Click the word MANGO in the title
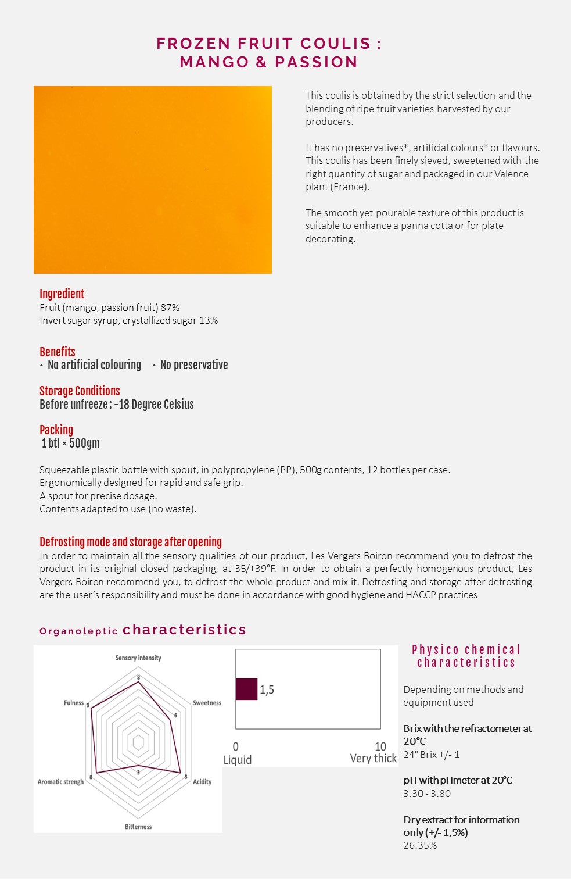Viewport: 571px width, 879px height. coord(214,62)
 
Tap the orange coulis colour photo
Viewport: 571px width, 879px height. coord(153,180)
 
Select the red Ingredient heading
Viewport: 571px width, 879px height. coord(62,294)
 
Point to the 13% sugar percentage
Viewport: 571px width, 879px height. coord(209,320)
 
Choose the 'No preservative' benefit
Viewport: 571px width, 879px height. coord(194,365)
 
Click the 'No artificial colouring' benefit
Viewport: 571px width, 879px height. coord(94,365)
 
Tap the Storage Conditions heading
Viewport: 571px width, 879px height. coord(80,391)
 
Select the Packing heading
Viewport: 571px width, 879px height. coord(56,430)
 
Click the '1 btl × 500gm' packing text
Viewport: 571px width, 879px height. coord(70,443)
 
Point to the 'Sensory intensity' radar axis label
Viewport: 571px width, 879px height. coord(138,658)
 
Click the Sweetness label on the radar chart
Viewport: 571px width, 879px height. coord(207,703)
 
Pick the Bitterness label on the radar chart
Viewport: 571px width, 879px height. coord(138,827)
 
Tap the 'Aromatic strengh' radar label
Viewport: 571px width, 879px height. coord(60,782)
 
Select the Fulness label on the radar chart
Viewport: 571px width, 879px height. coord(74,703)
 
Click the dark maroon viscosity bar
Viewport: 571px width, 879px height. coord(246,689)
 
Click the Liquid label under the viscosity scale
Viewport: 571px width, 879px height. coord(238,760)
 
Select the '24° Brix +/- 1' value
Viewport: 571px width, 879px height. coord(432,755)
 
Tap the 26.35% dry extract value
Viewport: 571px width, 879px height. coord(420,845)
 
